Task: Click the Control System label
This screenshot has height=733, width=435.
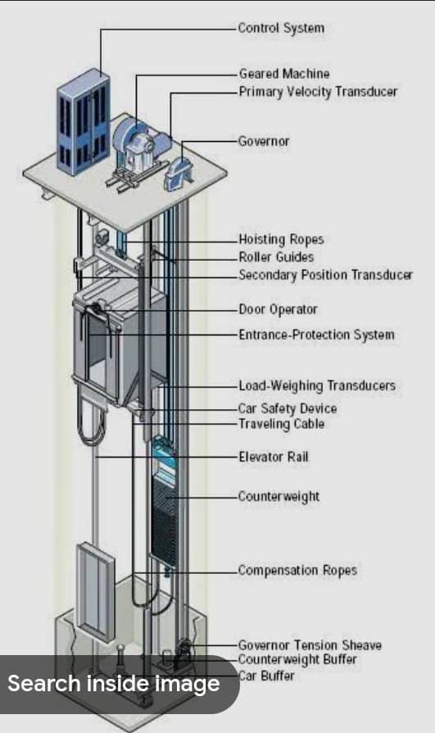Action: [x=281, y=28]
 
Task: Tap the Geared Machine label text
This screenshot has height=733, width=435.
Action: [x=284, y=74]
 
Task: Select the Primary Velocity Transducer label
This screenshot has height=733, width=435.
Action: [x=318, y=92]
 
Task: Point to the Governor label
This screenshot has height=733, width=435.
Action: [x=264, y=141]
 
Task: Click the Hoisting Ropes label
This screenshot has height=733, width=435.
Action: [x=281, y=239]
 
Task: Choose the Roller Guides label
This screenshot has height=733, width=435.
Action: [x=276, y=257]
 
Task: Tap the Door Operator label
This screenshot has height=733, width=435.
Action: [x=278, y=309]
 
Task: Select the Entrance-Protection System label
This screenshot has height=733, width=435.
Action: [x=316, y=335]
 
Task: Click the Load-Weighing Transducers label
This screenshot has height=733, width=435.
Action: [x=317, y=385]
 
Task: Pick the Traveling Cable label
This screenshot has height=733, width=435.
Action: [x=281, y=424]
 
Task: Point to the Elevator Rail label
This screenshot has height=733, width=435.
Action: [x=274, y=456]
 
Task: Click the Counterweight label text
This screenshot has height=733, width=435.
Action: [x=279, y=496]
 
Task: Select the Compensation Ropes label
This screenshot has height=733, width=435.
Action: [x=297, y=571]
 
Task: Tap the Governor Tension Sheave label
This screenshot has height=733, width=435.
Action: [x=310, y=645]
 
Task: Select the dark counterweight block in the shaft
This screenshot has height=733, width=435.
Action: [x=164, y=519]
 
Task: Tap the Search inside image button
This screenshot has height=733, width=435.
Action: [x=114, y=684]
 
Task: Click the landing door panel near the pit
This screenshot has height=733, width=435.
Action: [x=95, y=589]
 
